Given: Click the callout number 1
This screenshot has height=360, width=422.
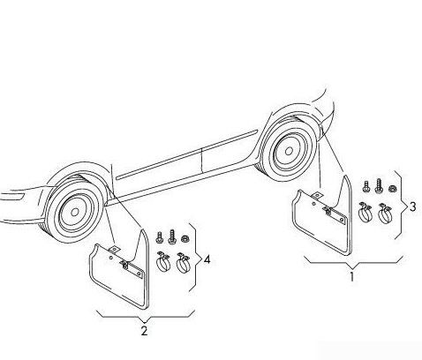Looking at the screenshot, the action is (351, 277).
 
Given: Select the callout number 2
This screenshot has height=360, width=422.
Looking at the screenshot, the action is (144, 331).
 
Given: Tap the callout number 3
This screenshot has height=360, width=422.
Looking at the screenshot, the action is (413, 206).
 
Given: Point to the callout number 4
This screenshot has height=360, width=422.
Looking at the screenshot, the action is (207, 259).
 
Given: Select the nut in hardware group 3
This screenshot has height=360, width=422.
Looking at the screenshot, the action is (392, 188).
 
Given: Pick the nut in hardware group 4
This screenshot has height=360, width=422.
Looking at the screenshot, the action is (185, 238).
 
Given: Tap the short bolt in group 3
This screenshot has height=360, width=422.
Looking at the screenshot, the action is (365, 186).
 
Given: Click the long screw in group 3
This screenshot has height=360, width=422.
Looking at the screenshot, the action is (379, 186).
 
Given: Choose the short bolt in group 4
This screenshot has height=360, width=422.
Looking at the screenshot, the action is (159, 237).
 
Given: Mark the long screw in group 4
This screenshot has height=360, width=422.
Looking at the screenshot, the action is (172, 237).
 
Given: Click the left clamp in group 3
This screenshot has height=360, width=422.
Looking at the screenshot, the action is (365, 213).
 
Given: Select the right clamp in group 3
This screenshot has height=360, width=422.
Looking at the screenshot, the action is (385, 213).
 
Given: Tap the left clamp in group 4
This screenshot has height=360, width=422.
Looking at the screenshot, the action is (163, 261).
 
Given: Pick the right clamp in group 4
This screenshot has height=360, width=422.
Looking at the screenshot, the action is (183, 261).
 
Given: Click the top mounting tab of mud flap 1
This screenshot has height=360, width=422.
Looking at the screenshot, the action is (318, 195).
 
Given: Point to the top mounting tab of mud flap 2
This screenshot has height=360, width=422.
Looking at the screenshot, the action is (114, 249).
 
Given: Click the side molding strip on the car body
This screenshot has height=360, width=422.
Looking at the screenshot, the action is (187, 154).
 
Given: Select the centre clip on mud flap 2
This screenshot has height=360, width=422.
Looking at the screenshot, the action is (124, 265).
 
